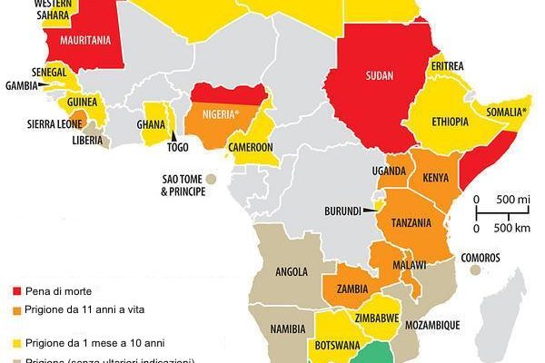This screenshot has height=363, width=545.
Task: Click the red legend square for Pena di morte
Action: (x=15, y=290)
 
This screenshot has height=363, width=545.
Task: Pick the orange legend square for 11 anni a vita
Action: (x=15, y=310)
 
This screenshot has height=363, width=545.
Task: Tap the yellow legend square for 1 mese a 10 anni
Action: (x=15, y=342)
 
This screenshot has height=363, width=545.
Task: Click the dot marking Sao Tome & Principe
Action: (x=211, y=179)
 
